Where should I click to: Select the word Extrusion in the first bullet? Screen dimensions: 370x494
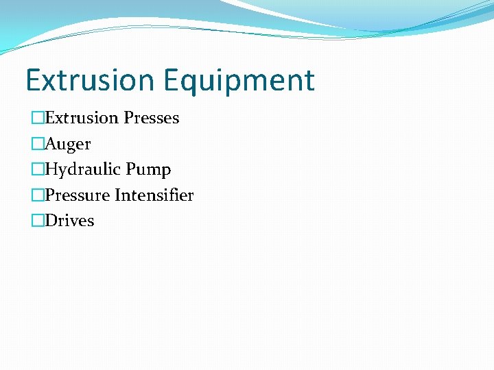coord(82,118)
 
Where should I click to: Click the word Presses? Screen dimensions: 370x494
coord(152,118)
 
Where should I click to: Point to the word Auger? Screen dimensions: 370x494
coord(68,145)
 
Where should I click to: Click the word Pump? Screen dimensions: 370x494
coord(152,170)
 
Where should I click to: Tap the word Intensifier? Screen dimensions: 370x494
coord(154,195)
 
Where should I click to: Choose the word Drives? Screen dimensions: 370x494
coord(70,221)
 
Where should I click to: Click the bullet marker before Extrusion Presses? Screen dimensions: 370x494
coord(38,118)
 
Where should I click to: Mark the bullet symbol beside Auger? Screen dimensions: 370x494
coord(38,144)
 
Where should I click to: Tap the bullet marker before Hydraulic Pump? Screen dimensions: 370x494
coord(38,169)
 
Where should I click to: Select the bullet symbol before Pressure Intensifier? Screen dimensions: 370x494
coord(38,195)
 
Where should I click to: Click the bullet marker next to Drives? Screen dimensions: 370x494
coord(38,221)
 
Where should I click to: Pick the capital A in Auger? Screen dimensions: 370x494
coord(51,144)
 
